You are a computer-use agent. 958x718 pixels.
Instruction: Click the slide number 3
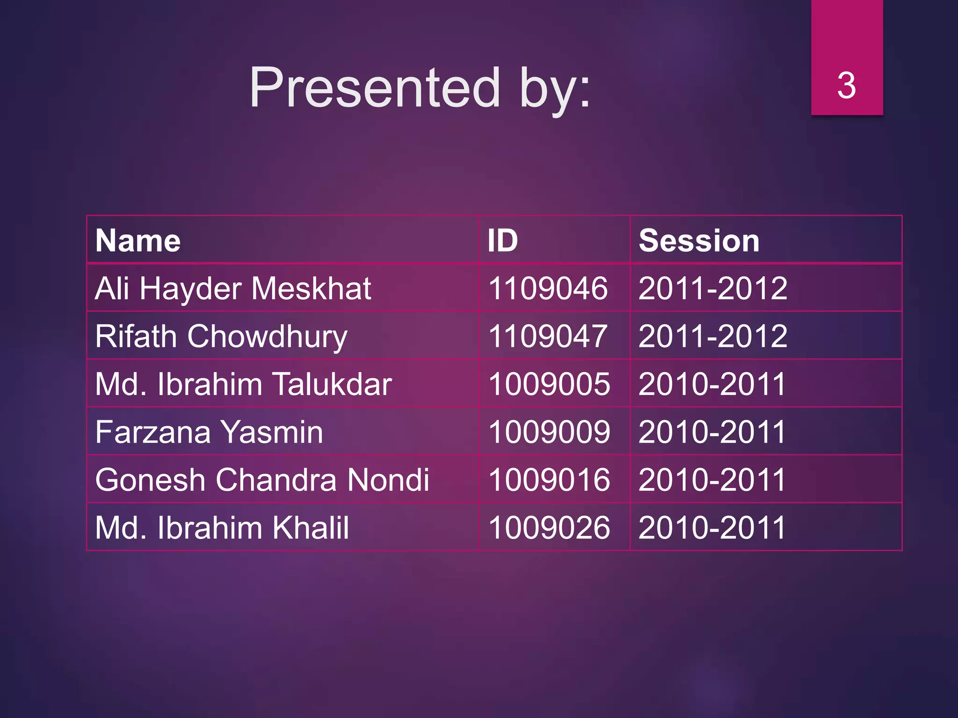tap(846, 86)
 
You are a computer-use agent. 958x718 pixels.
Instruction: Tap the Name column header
tap(138, 241)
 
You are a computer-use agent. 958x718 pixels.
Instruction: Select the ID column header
tap(502, 241)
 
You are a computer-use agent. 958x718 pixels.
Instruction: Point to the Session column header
tap(699, 241)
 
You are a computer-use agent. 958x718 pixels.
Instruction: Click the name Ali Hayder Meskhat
tap(233, 288)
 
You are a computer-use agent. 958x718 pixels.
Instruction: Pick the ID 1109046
tap(548, 288)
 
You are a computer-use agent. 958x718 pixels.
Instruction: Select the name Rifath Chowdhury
tap(221, 336)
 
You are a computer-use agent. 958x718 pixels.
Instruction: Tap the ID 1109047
tap(548, 336)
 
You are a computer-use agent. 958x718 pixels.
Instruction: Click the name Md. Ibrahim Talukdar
tap(243, 384)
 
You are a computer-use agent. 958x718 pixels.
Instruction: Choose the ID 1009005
tap(549, 384)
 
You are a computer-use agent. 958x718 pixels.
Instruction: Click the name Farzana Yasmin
tap(209, 432)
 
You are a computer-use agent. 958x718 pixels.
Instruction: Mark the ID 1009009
tap(549, 432)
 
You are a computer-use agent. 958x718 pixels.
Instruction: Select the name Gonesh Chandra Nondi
tap(262, 480)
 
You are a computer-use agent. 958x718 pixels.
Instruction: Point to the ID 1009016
tap(549, 480)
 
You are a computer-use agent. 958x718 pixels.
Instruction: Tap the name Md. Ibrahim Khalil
tap(222, 528)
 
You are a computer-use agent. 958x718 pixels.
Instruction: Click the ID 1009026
tap(549, 528)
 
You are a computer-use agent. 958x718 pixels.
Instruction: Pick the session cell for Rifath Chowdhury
tap(713, 336)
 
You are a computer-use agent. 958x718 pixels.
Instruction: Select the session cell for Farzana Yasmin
tap(712, 432)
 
